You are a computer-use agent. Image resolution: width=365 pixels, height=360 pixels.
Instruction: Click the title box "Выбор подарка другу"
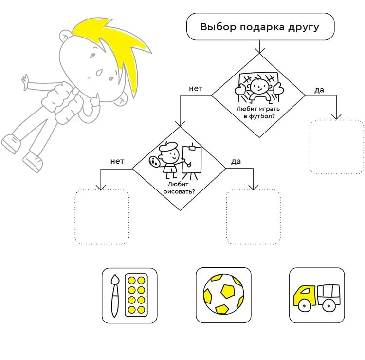[260, 27]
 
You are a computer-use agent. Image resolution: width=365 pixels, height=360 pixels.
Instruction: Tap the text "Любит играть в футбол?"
[258, 113]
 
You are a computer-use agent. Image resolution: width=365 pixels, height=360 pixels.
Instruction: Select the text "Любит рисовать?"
[179, 188]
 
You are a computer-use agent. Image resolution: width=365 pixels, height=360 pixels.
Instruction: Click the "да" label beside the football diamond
[319, 90]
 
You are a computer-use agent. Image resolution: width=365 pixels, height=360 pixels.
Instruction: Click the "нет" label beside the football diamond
[196, 89]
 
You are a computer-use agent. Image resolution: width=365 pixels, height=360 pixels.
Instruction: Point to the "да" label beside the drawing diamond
[236, 161]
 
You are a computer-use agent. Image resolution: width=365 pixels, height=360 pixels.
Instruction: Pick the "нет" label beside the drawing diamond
[117, 161]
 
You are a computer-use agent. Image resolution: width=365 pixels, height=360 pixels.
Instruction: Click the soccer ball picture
[223, 294]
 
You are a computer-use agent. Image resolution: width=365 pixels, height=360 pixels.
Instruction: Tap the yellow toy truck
[317, 298]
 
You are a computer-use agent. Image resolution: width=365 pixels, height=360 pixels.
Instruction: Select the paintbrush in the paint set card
[115, 296]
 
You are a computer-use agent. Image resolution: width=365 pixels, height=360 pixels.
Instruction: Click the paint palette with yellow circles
[136, 295]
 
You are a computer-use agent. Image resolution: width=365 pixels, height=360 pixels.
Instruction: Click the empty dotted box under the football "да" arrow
[337, 147]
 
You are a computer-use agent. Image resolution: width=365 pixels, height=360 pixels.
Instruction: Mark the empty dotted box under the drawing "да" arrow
[253, 217]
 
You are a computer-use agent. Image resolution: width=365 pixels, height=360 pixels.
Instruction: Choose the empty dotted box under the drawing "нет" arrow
[102, 217]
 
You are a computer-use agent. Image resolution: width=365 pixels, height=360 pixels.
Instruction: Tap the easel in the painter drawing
[192, 161]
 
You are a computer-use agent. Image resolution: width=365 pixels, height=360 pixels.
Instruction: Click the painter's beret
[167, 146]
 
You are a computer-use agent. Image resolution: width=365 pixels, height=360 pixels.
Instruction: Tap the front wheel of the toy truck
[304, 306]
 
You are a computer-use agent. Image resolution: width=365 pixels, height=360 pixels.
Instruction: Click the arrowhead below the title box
[259, 51]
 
